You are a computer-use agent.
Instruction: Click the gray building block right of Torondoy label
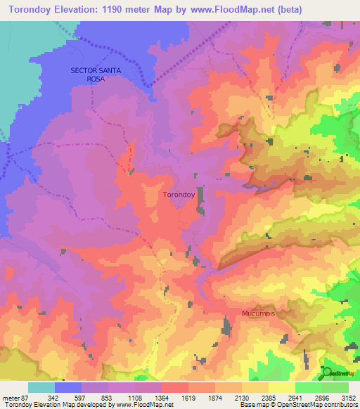[x=201, y=196]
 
